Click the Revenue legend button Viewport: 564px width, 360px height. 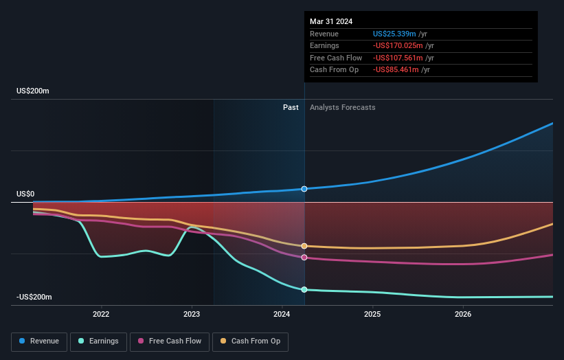pos(40,341)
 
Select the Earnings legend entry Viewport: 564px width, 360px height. pos(98,341)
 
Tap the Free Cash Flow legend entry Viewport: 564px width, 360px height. pos(170,341)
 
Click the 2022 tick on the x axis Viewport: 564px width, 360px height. pos(101,315)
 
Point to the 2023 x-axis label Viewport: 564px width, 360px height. pos(192,315)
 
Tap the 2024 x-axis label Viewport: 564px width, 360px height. pos(282,315)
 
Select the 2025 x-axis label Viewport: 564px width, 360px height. pos(372,315)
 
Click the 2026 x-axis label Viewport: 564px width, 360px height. pos(463,315)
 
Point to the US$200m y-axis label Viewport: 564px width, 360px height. pos(33,91)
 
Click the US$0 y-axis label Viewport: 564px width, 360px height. pos(25,194)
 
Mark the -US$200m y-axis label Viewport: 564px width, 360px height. pos(34,297)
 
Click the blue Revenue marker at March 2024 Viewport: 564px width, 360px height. pos(304,189)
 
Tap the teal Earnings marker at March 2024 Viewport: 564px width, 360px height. pos(304,289)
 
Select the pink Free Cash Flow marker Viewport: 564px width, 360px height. pos(304,258)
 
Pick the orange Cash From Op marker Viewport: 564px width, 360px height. pos(304,246)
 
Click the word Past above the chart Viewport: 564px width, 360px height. pos(291,107)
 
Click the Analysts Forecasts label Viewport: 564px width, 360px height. pos(343,107)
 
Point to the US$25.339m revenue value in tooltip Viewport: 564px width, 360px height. pos(394,34)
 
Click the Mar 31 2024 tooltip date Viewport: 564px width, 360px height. pos(331,21)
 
